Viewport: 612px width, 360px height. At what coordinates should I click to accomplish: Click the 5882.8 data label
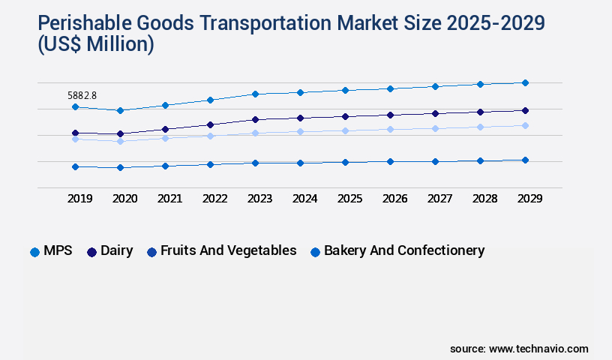[83, 95]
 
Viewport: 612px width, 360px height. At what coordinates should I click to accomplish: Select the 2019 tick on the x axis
[79, 199]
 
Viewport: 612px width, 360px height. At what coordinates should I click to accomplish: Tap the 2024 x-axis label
[304, 199]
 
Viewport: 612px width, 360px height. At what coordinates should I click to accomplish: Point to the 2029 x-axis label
[529, 199]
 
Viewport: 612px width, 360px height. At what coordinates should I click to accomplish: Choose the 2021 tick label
[169, 199]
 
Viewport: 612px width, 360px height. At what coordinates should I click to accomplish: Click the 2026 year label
[394, 199]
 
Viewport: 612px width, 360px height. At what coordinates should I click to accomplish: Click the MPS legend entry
[52, 251]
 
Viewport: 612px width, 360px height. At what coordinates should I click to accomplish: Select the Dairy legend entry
[110, 251]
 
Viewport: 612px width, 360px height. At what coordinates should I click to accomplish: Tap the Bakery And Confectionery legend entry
[397, 251]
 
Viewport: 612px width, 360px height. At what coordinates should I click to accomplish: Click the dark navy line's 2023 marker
[255, 119]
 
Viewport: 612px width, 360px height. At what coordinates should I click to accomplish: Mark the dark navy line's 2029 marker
[525, 110]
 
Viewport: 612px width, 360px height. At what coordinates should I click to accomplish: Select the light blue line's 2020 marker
[120, 141]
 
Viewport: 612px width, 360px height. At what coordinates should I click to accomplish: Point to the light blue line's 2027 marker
[435, 128]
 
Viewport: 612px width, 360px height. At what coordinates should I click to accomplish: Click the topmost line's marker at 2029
[525, 82]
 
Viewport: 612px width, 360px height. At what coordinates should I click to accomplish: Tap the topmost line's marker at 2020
[120, 110]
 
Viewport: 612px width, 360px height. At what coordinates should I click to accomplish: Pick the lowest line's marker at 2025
[345, 162]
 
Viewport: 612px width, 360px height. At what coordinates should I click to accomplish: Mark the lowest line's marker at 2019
[75, 166]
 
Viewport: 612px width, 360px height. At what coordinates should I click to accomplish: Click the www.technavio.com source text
[538, 349]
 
